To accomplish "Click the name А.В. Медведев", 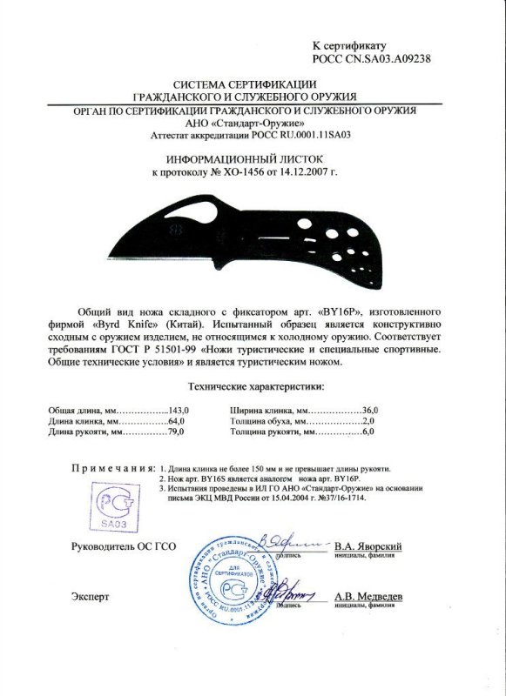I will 367,597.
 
